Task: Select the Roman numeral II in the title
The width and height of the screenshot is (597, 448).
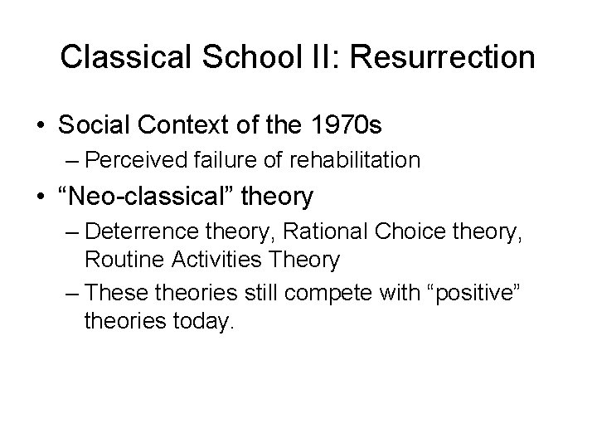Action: pyautogui.click(x=314, y=57)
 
